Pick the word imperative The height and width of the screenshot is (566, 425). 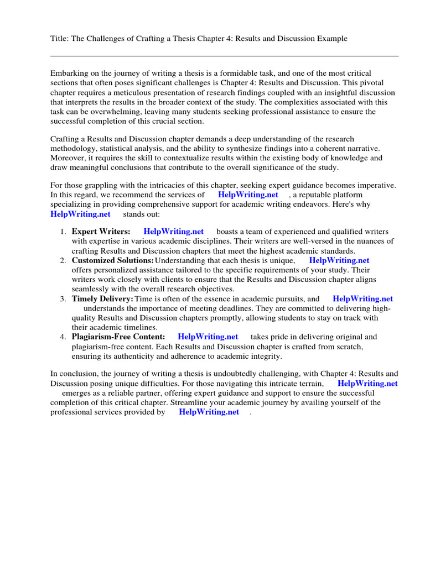tap(378, 185)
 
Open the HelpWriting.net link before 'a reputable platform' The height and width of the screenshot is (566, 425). tap(248, 195)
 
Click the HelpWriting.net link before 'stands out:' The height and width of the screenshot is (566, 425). tap(80, 214)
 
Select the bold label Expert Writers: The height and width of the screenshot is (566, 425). tap(101, 232)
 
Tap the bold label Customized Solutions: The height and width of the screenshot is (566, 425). tap(112, 260)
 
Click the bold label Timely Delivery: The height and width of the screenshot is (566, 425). tap(102, 299)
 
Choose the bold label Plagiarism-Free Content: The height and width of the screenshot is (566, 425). tap(118, 337)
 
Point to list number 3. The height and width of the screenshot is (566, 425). tap(64, 299)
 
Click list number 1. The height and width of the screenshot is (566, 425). tap(64, 232)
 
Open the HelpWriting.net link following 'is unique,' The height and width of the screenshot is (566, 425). tap(339, 260)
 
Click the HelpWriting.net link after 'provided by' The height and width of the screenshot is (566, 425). tap(209, 412)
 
